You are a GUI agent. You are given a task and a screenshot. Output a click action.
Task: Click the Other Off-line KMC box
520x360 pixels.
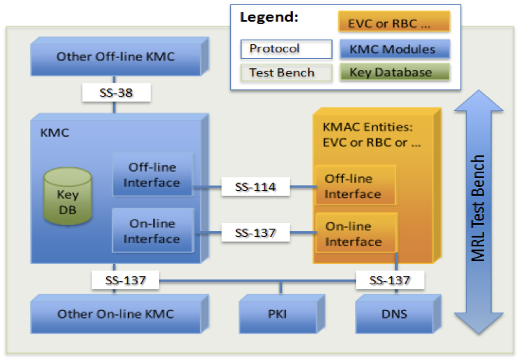pyautogui.click(x=119, y=56)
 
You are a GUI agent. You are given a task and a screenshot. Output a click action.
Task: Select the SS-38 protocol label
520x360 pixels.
pyautogui.click(x=116, y=93)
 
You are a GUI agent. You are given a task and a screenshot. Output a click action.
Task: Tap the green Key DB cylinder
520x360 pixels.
pyautogui.click(x=68, y=196)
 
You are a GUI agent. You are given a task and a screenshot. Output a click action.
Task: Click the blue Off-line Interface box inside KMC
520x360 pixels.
pyautogui.click(x=153, y=174)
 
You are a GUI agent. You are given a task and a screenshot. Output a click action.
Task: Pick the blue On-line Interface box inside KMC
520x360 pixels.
pyautogui.click(x=153, y=231)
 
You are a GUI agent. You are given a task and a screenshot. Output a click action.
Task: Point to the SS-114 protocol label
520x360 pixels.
pyautogui.click(x=256, y=187)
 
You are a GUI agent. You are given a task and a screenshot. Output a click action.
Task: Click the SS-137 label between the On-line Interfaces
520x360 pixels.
pyautogui.click(x=256, y=232)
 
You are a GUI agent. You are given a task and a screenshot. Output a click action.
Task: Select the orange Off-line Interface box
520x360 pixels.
pyautogui.click(x=355, y=186)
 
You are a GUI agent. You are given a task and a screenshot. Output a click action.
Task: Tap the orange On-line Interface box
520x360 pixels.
pyautogui.click(x=356, y=233)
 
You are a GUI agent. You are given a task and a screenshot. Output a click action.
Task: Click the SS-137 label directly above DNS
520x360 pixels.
pyautogui.click(x=390, y=280)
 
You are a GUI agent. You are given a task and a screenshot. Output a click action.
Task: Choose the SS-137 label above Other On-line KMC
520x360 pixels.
pyautogui.click(x=126, y=280)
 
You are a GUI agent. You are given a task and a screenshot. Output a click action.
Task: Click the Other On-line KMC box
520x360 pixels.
pyautogui.click(x=119, y=313)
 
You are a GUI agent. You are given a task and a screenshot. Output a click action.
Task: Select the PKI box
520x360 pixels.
pyautogui.click(x=282, y=313)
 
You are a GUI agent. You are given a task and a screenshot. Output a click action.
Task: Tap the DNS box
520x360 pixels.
pyautogui.click(x=398, y=313)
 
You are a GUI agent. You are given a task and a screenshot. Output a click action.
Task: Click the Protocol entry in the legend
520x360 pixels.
pyautogui.click(x=287, y=49)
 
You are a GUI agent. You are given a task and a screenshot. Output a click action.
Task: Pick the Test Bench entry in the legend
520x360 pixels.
pyautogui.click(x=287, y=73)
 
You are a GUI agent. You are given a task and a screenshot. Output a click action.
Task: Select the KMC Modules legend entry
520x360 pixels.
pyautogui.click(x=394, y=49)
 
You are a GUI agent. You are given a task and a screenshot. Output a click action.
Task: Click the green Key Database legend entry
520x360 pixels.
pyautogui.click(x=394, y=72)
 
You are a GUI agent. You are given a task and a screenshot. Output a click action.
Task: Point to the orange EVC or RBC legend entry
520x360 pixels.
pyautogui.click(x=394, y=21)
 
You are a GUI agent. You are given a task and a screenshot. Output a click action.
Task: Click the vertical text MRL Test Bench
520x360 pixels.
pyautogui.click(x=478, y=208)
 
